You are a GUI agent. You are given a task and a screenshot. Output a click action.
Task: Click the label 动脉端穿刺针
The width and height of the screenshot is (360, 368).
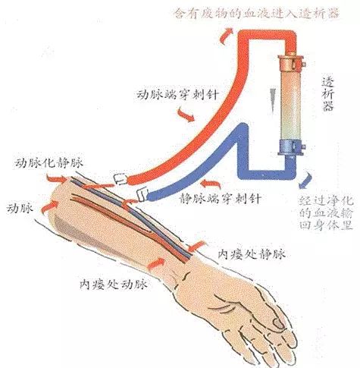coord(177,96)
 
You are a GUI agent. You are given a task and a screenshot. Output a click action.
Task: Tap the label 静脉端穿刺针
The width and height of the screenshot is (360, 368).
coord(220,199)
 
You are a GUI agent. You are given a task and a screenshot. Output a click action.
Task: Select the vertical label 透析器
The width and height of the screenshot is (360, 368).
coord(328,94)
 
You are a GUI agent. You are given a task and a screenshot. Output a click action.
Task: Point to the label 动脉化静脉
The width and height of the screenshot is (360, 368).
coord(49,163)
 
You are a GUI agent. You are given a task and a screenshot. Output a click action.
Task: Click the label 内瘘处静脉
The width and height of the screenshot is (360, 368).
coord(252,254)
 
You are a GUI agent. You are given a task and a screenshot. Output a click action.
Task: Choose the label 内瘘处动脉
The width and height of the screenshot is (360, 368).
coord(114,285)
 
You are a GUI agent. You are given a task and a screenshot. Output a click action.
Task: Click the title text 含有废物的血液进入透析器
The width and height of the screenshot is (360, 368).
coord(257,13)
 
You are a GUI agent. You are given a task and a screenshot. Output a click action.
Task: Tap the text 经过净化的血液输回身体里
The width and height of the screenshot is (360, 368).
coord(326,213)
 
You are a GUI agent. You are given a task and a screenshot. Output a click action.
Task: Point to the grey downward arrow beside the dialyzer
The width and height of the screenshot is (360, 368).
coord(273,100)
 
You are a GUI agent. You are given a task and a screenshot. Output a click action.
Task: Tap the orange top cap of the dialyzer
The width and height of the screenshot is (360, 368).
coord(290,62)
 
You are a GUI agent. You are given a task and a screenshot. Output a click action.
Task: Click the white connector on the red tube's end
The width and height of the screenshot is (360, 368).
coord(121,179)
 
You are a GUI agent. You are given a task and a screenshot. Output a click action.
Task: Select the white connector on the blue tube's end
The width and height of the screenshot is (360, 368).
coord(142,195)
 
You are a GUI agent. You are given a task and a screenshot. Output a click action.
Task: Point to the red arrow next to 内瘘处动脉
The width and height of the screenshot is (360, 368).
coord(156,264)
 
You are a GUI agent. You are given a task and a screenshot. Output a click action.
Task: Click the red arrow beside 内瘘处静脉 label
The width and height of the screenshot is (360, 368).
coord(197,246)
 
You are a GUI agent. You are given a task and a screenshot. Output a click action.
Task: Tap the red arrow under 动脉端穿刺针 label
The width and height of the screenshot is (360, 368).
coord(186,115)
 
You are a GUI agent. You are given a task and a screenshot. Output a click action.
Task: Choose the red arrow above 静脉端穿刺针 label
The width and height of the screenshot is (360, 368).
coord(211,184)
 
